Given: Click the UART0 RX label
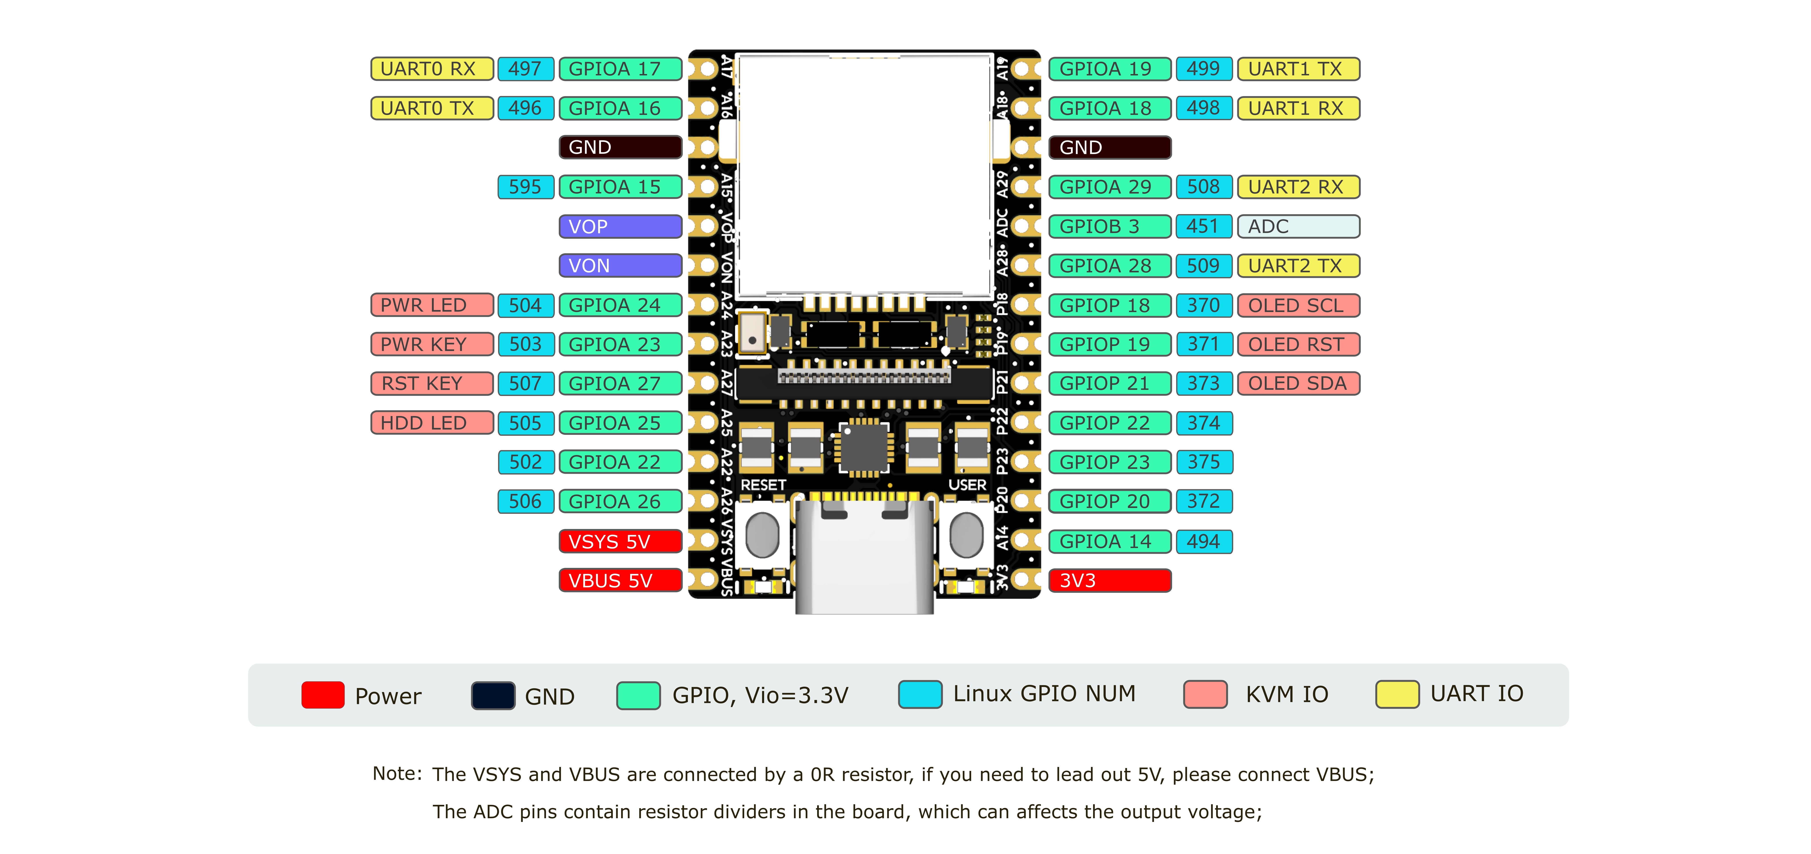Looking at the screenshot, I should coord(432,69).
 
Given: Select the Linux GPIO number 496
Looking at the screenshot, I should coord(525,108).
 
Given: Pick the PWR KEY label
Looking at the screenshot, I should coord(432,344).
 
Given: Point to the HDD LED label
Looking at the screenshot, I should coord(432,423).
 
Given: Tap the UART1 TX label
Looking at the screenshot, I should coord(1298,69).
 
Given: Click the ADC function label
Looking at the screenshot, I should coord(1298,226).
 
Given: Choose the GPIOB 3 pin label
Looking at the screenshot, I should coord(1109,226).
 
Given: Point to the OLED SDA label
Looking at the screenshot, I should coord(1298,384).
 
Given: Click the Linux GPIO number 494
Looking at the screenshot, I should coord(1204,541).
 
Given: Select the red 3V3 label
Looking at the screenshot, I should coord(1109,581).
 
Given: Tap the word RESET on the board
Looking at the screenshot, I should coord(763,485).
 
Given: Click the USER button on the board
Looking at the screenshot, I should coord(966,534).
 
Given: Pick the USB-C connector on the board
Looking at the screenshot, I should coord(865,555).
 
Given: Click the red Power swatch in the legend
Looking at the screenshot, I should coord(323,694).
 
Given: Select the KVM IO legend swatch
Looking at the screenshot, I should coord(1205,694).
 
